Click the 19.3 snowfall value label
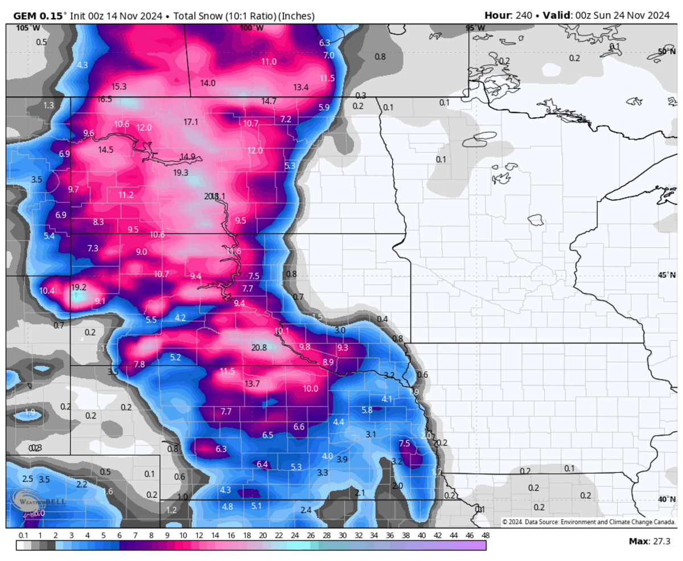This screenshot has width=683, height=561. pyautogui.click(x=181, y=173)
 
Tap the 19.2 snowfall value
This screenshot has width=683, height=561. pyautogui.click(x=79, y=287)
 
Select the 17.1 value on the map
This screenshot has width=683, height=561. pyautogui.click(x=191, y=122)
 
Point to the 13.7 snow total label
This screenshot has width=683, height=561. pyautogui.click(x=252, y=384)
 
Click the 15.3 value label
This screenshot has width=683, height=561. pyautogui.click(x=119, y=87)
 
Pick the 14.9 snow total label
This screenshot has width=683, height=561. pyautogui.click(x=188, y=157)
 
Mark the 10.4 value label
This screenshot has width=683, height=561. pyautogui.click(x=47, y=290)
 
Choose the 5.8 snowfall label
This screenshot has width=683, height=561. pyautogui.click(x=367, y=410)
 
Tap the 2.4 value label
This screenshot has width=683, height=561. pyautogui.click(x=306, y=510)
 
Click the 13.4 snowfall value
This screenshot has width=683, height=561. pyautogui.click(x=301, y=87)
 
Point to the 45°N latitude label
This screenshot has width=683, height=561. pyautogui.click(x=666, y=275)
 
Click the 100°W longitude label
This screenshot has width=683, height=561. pyautogui.click(x=251, y=28)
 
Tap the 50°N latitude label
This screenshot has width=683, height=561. pyautogui.click(x=666, y=51)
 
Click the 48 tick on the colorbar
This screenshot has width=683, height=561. pyautogui.click(x=485, y=535)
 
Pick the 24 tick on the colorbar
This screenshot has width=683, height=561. pyautogui.click(x=294, y=535)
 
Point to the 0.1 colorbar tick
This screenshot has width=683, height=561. pyautogui.click(x=23, y=535)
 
